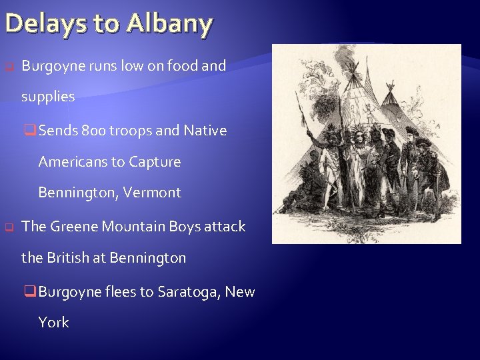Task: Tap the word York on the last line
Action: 53,322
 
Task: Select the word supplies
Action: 48,97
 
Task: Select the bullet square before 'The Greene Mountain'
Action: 9,227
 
